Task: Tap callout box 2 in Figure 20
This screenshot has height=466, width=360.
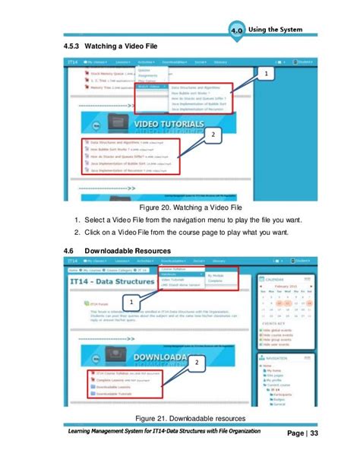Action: [213, 136]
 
